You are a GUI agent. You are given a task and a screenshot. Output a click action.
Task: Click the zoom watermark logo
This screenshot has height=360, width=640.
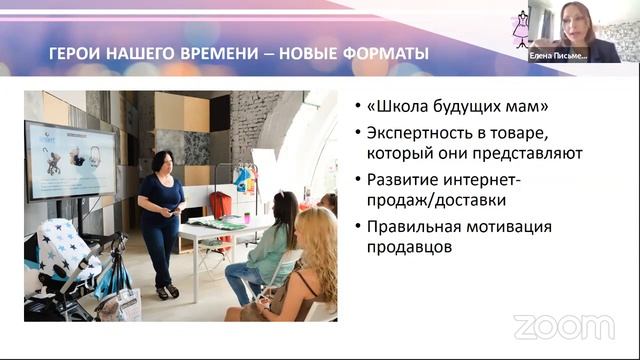click(563, 327)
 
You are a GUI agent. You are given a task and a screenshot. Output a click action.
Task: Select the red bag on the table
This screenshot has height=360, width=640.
click(221, 205)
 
